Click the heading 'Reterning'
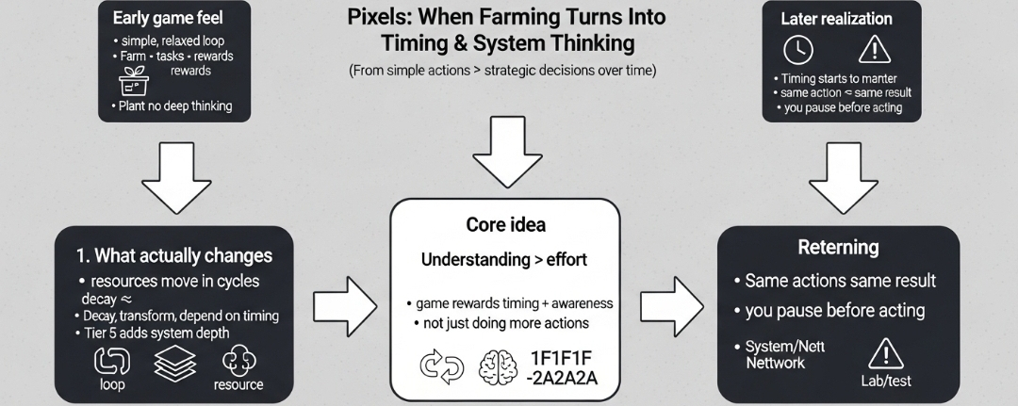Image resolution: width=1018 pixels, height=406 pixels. click(838, 249)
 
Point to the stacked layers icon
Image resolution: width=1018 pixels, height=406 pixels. click(173, 362)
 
